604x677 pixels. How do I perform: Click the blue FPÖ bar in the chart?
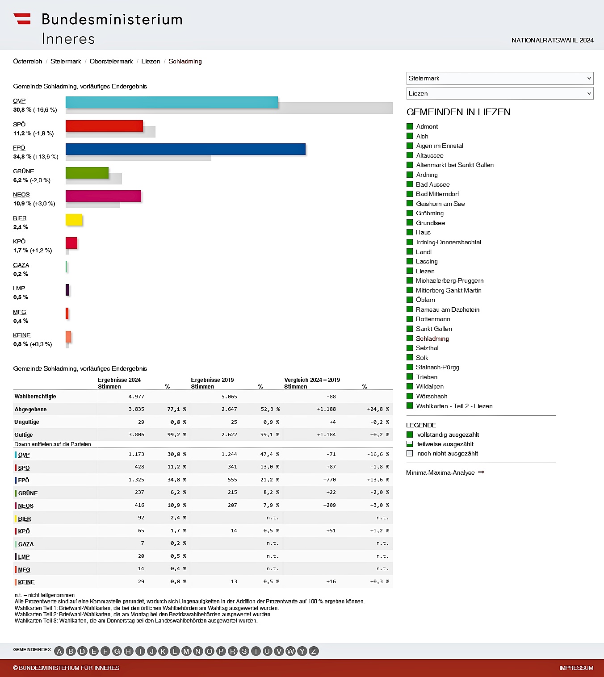click(x=185, y=149)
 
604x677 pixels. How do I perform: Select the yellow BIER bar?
click(x=74, y=220)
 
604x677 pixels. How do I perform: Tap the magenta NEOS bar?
click(x=103, y=196)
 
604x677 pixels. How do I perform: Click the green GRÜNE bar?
click(x=87, y=173)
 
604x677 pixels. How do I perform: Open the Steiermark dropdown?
click(x=499, y=78)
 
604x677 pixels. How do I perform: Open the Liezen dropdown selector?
click(x=499, y=93)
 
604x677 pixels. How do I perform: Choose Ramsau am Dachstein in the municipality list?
click(x=448, y=309)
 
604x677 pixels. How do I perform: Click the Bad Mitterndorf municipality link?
click(x=437, y=194)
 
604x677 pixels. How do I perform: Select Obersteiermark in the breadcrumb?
click(x=111, y=61)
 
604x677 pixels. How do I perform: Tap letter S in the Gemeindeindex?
click(x=244, y=651)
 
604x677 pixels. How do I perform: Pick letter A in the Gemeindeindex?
click(x=59, y=651)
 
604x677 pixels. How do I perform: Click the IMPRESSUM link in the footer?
click(x=576, y=668)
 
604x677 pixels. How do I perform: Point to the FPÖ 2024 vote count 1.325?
click(x=136, y=480)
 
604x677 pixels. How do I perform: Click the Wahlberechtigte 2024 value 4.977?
click(x=136, y=397)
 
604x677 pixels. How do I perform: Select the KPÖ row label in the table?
click(x=24, y=531)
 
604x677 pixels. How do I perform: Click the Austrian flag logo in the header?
click(x=22, y=19)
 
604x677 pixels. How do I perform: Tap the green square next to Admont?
click(x=410, y=126)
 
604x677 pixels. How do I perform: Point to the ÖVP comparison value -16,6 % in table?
click(x=378, y=454)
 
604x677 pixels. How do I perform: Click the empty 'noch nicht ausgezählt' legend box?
click(x=410, y=453)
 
